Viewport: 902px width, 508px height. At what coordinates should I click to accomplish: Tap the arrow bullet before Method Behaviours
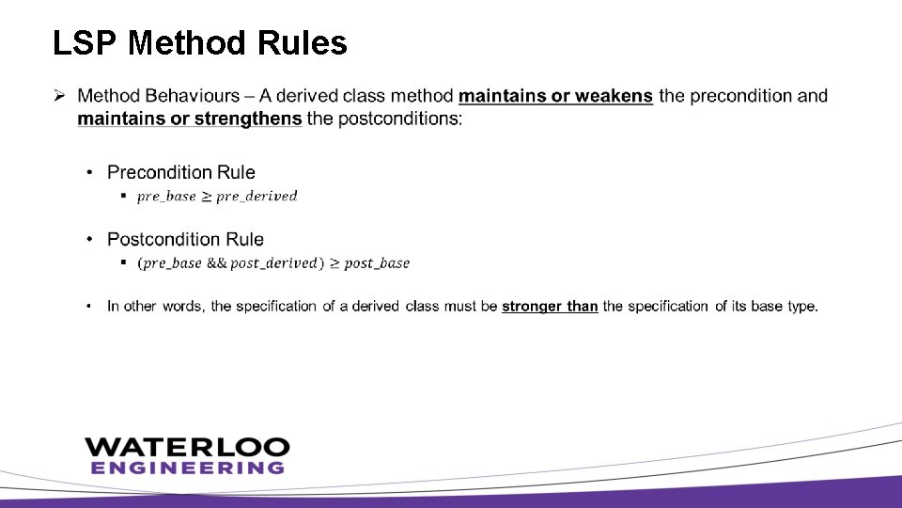point(59,96)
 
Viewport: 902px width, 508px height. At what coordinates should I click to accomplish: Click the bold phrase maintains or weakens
point(555,96)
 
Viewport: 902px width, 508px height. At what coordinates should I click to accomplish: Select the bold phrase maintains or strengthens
point(190,119)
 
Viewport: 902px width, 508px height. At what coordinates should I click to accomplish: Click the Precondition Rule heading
point(181,172)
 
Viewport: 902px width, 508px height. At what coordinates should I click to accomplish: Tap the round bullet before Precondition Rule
point(90,172)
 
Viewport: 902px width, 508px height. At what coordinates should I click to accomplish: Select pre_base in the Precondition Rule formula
point(166,197)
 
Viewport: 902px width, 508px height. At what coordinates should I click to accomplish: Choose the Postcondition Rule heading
point(185,239)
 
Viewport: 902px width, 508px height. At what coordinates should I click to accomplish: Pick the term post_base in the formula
point(377,263)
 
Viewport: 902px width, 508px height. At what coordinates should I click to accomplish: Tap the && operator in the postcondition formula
point(216,263)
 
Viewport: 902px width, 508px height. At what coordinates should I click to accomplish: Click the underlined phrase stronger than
point(550,307)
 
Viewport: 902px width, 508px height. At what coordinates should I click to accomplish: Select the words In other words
point(155,307)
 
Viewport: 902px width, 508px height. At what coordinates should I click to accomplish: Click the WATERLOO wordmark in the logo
point(187,447)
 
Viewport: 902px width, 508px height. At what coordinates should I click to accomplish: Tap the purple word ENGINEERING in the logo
point(187,468)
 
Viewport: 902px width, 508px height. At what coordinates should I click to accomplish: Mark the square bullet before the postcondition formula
point(123,262)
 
